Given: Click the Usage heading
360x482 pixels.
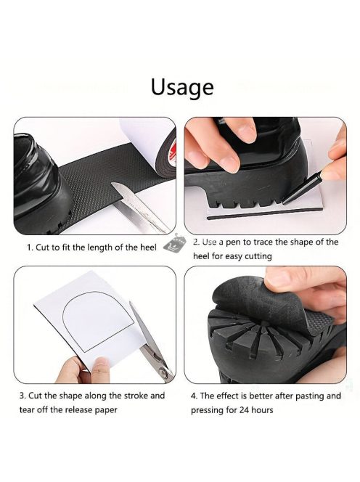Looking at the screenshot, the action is point(182,87).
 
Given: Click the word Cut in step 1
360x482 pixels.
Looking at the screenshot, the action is point(42,248).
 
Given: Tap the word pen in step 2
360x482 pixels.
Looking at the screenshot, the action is point(234,242).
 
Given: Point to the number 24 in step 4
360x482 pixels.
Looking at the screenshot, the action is point(245,409).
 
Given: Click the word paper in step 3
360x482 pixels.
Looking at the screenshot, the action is point(105,410).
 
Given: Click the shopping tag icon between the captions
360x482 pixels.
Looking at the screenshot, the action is point(175,243).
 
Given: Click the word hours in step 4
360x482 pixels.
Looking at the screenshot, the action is point(262,409).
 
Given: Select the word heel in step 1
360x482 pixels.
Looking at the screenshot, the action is point(148,248).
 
